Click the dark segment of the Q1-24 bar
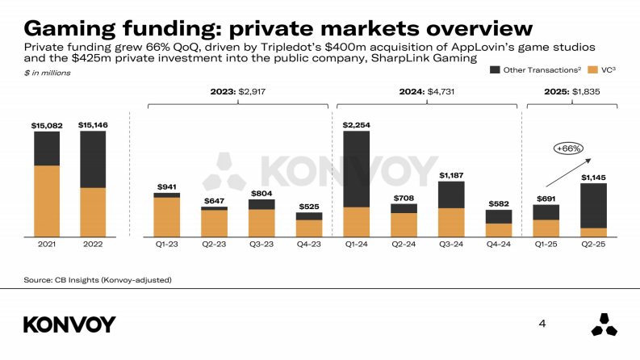click(x=356, y=169)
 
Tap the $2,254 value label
click(x=356, y=125)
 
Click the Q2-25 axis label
click(x=593, y=243)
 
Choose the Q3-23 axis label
click(x=261, y=243)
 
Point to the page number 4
click(x=542, y=324)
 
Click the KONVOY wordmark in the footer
click(x=69, y=324)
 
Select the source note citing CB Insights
click(x=97, y=280)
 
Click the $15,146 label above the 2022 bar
click(x=93, y=125)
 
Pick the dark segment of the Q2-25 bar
click(x=593, y=206)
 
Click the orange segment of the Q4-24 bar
click(x=498, y=229)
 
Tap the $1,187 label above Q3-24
click(x=451, y=175)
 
